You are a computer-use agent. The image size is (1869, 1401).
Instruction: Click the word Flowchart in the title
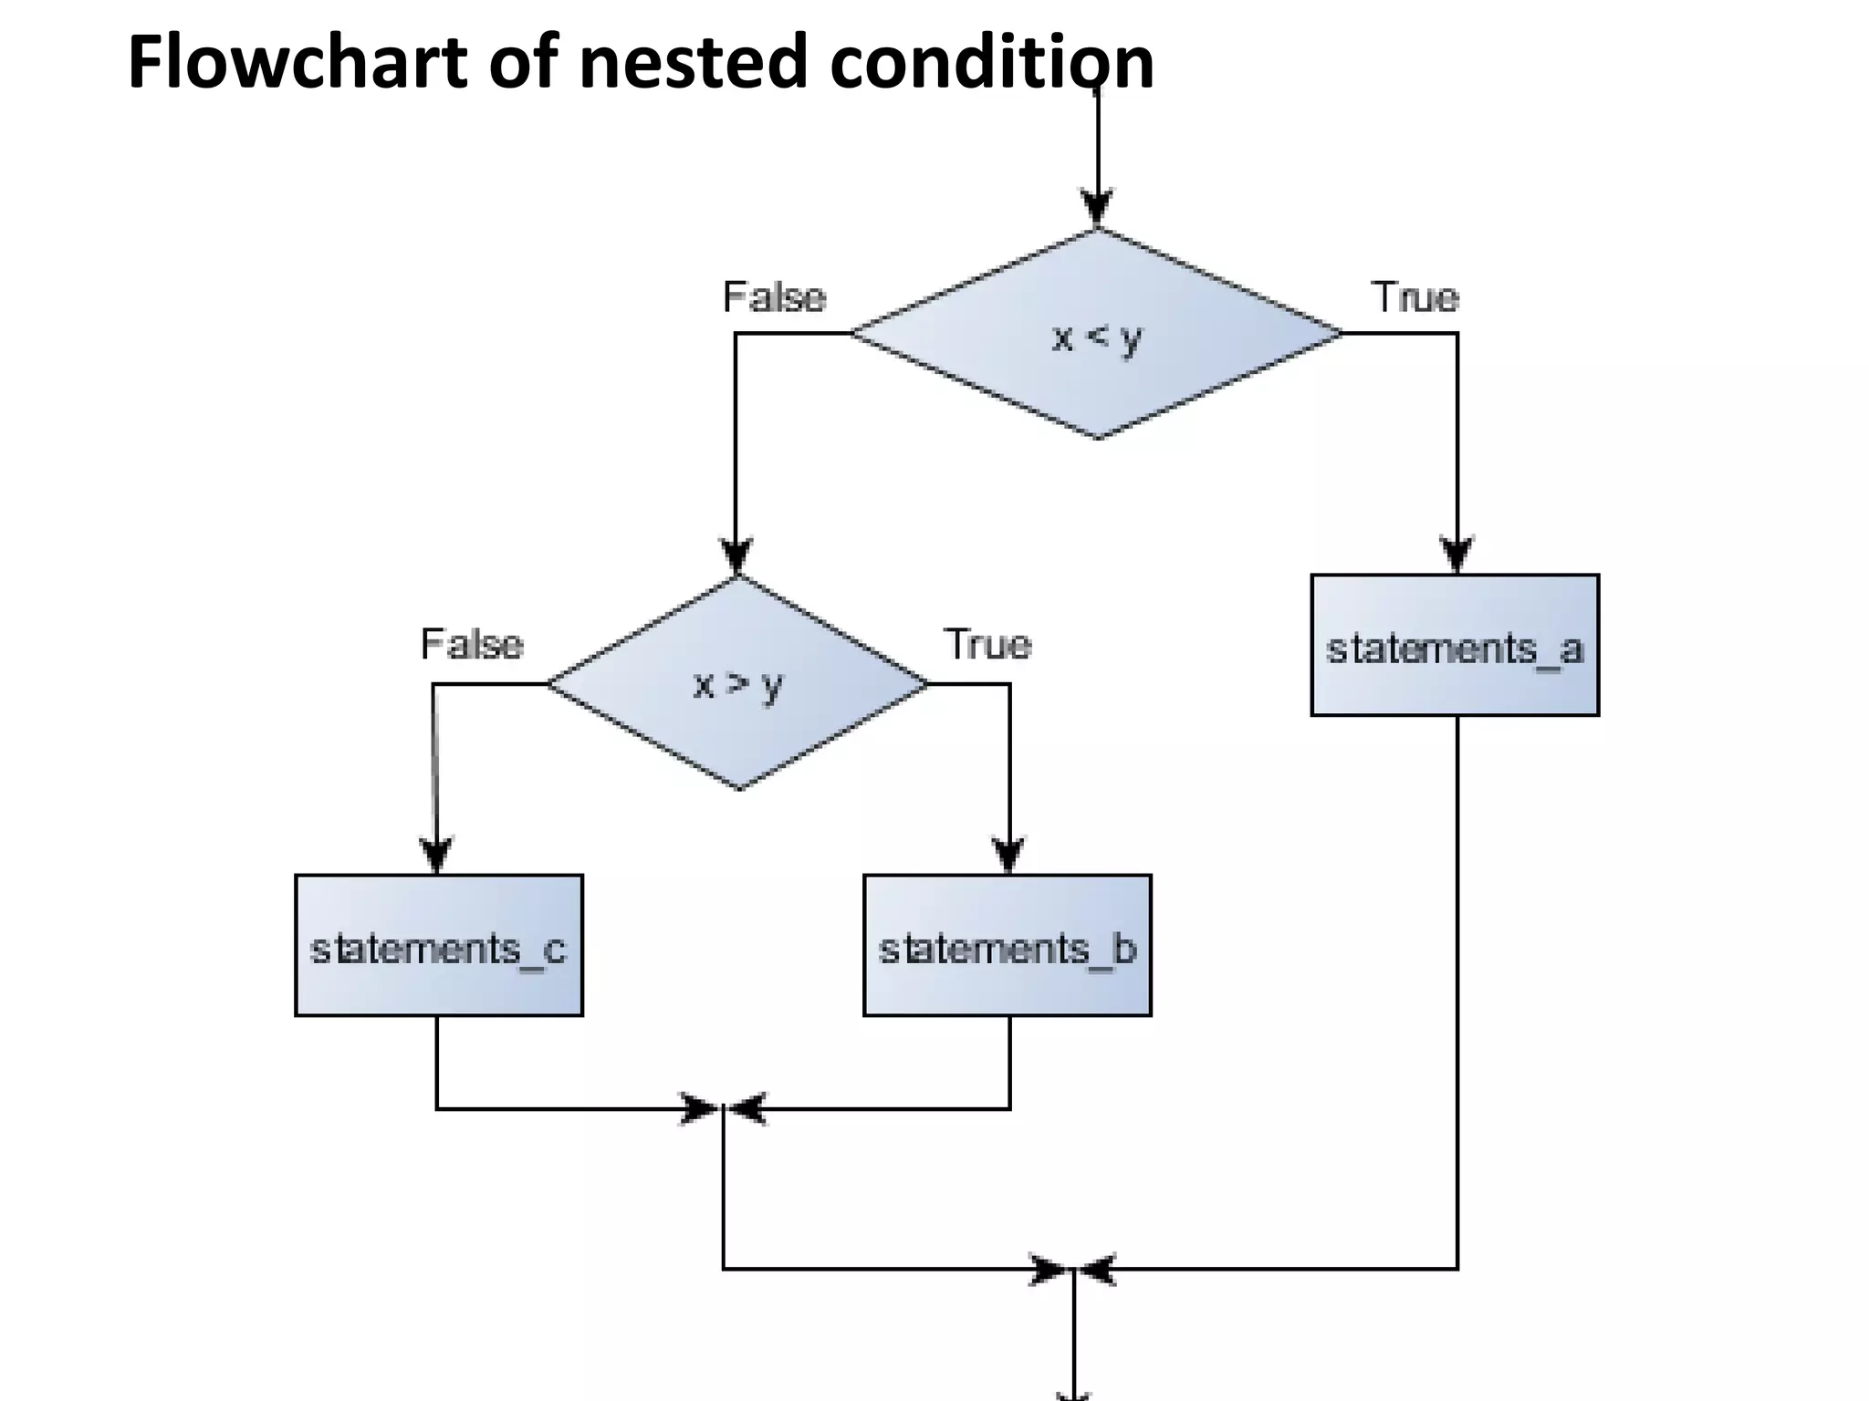coord(297,62)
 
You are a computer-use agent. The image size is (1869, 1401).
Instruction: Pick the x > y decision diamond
coord(737,683)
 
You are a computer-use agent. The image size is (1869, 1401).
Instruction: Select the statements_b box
coord(1007,946)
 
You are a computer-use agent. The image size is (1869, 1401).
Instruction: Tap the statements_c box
coord(438,946)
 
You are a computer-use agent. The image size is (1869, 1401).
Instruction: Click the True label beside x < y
coord(1415,297)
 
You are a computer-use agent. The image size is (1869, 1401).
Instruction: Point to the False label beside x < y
coord(774,297)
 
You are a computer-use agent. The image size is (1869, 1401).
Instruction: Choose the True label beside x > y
coord(987,645)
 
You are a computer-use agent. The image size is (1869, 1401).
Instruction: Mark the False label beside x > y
coord(472,645)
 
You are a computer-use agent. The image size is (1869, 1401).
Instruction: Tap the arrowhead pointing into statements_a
coord(1457,553)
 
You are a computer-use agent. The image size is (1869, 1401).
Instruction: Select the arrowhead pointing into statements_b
coord(1008,854)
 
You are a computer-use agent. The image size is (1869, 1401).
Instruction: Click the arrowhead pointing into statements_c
coord(436,854)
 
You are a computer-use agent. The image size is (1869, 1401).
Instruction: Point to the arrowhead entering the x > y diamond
coord(736,555)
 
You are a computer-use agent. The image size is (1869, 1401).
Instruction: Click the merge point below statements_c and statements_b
coord(724,1109)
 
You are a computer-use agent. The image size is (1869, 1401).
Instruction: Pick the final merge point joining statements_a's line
coord(1073,1269)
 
